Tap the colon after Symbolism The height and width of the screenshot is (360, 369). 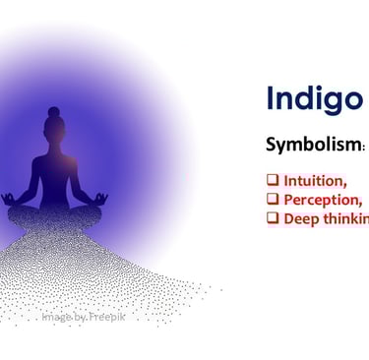pos(364,148)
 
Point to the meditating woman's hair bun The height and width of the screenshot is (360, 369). pos(53,111)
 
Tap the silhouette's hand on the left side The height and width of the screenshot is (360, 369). pos(10,199)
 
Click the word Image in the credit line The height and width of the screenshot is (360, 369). pos(57,318)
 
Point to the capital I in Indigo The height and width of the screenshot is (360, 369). pos(273,98)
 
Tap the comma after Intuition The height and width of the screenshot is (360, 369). pos(344,185)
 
